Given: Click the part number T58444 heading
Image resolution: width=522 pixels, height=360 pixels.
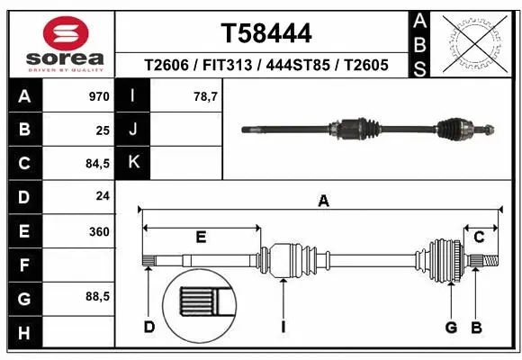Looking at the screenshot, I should (x=266, y=33).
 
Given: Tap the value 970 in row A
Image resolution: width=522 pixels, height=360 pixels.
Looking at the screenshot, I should (x=98, y=95).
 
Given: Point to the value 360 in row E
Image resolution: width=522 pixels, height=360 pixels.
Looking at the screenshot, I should (x=98, y=231).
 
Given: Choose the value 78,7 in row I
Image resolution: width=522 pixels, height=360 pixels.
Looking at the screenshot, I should (x=207, y=95).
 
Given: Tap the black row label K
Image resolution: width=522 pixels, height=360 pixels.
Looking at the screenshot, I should (x=132, y=163).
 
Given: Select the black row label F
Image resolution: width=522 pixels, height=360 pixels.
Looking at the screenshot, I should (x=23, y=265).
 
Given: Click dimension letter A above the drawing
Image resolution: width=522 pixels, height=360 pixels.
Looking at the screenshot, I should (x=323, y=202).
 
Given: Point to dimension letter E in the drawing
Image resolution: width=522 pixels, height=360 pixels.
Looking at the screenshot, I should (x=201, y=238).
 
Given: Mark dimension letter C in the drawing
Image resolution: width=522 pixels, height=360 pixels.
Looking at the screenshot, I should (x=480, y=238).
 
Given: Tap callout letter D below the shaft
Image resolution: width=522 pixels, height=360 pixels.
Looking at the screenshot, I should (x=149, y=326).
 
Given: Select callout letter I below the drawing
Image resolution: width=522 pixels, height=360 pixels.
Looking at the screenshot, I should (x=283, y=327).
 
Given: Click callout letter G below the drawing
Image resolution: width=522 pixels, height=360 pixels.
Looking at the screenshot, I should (x=452, y=326).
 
